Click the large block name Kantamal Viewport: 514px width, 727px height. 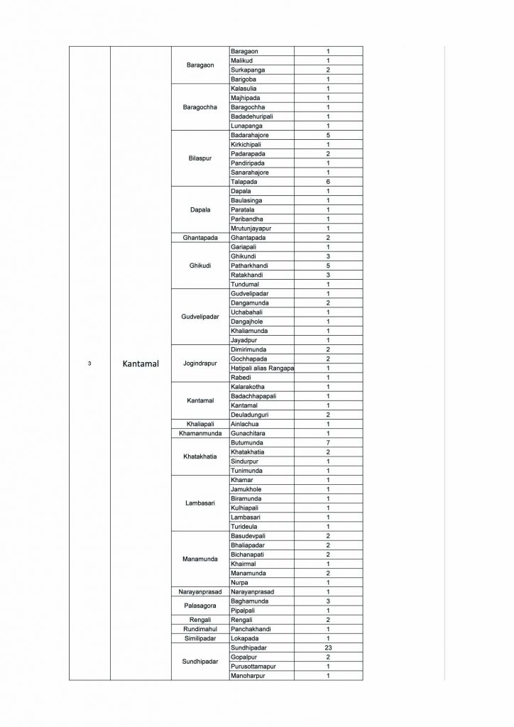pyautogui.click(x=141, y=364)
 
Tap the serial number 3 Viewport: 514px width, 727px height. pyautogui.click(x=89, y=364)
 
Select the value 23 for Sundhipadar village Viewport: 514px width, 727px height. pyautogui.click(x=328, y=648)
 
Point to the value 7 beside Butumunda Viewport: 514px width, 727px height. pyautogui.click(x=328, y=442)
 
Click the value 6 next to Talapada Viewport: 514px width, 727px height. pyautogui.click(x=328, y=182)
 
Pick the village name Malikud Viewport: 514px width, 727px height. pyautogui.click(x=243, y=61)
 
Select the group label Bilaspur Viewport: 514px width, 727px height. pyautogui.click(x=200, y=158)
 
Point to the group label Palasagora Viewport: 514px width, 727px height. pyautogui.click(x=200, y=606)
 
